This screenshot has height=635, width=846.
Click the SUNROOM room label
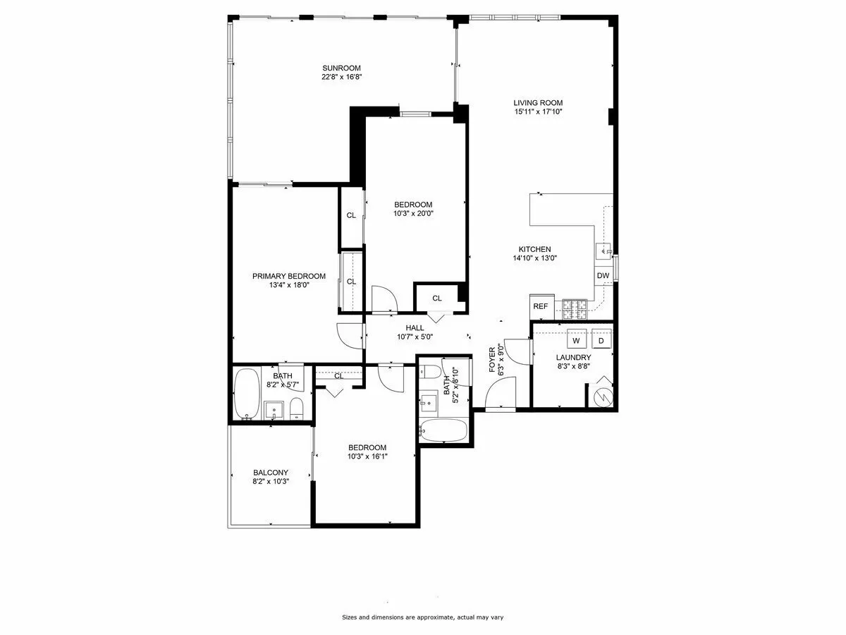(x=341, y=68)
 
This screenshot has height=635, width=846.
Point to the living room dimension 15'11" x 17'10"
(x=537, y=111)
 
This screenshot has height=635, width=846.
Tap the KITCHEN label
(x=534, y=249)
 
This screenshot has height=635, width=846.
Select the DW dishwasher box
(x=603, y=275)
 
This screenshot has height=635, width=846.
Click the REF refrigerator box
(x=540, y=306)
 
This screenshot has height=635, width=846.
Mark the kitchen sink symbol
(x=603, y=250)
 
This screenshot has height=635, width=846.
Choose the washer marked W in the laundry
(x=576, y=340)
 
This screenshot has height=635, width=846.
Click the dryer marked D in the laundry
(x=601, y=340)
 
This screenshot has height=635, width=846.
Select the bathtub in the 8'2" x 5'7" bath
(x=247, y=394)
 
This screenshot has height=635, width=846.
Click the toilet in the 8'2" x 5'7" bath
(x=297, y=409)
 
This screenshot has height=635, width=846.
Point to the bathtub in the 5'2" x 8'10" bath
(x=443, y=430)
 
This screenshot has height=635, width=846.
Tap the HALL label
(x=415, y=327)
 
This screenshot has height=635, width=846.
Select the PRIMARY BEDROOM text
(x=289, y=276)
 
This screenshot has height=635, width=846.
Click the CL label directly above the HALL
(x=437, y=298)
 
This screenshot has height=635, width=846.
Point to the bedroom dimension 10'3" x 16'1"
(x=367, y=456)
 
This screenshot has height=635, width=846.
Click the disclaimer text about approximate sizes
(x=422, y=617)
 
